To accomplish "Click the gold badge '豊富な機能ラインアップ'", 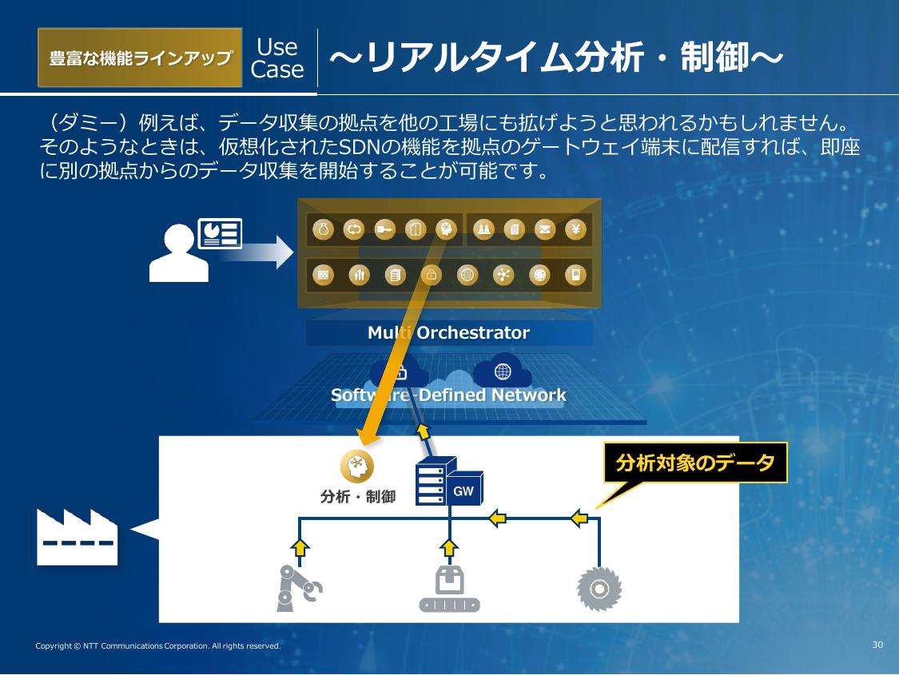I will tap(140, 58).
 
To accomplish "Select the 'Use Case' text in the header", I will tap(277, 58).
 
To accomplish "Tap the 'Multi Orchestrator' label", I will tap(448, 333).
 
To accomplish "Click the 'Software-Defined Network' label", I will tap(448, 395).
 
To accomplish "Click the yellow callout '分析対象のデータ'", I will tap(695, 463).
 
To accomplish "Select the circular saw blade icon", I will tap(599, 589).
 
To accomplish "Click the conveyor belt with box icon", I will tap(450, 589).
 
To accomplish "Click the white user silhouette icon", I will tap(179, 252).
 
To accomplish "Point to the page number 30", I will tap(877, 645).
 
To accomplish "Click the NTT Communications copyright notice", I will tap(158, 645).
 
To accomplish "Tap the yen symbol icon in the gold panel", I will tap(576, 230).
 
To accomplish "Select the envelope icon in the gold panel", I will tap(545, 230).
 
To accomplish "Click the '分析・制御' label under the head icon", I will tap(357, 497).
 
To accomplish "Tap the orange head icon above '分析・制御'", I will tap(357, 467).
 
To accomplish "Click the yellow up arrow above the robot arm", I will tap(300, 548).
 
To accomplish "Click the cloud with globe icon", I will tap(503, 371).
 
